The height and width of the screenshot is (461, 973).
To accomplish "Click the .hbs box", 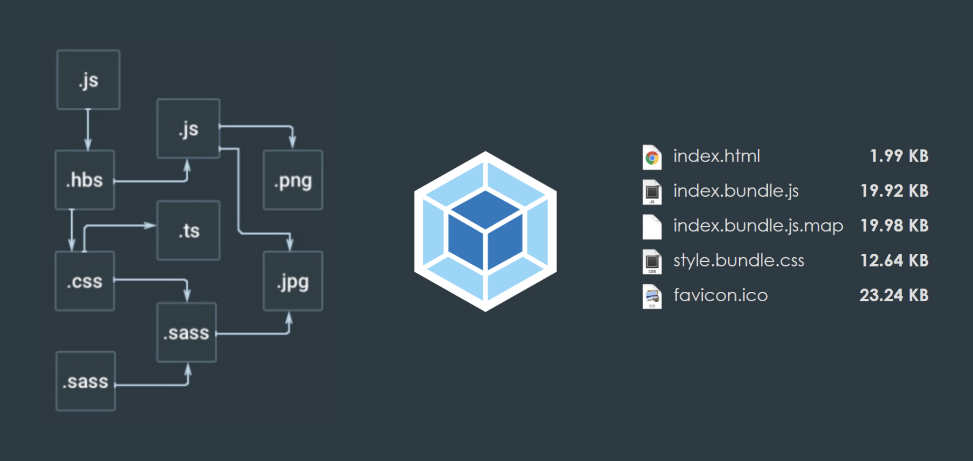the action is (85, 180).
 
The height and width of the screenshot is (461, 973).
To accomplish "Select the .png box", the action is (293, 180).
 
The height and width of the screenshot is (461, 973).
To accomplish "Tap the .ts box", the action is (189, 230).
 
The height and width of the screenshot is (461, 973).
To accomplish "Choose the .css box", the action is (85, 281).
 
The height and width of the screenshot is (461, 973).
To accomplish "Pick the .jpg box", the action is (293, 281).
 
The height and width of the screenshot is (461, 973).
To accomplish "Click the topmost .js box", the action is (88, 80).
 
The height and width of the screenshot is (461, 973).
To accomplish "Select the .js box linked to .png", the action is (189, 129).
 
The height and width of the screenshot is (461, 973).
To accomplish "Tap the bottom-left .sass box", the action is (86, 381).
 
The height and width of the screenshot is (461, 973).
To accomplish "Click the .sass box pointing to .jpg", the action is (187, 333).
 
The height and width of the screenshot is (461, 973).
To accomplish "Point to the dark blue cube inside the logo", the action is (485, 230).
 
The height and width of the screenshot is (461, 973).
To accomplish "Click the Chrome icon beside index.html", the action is (652, 157).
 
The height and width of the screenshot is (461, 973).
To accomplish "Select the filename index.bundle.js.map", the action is (758, 225).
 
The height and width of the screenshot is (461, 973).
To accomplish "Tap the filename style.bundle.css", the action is (739, 260).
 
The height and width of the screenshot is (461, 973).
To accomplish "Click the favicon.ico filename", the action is (721, 295).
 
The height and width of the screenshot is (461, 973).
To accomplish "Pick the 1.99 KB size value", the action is (899, 156).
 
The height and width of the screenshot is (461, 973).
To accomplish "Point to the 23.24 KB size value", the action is (894, 295).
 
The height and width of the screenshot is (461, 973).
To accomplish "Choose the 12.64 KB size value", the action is (894, 260).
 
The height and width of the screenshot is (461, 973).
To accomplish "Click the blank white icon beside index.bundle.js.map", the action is (652, 227).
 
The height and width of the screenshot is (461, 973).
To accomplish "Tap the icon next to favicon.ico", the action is (652, 297).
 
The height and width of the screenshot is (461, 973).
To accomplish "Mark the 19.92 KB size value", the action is (894, 191).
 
